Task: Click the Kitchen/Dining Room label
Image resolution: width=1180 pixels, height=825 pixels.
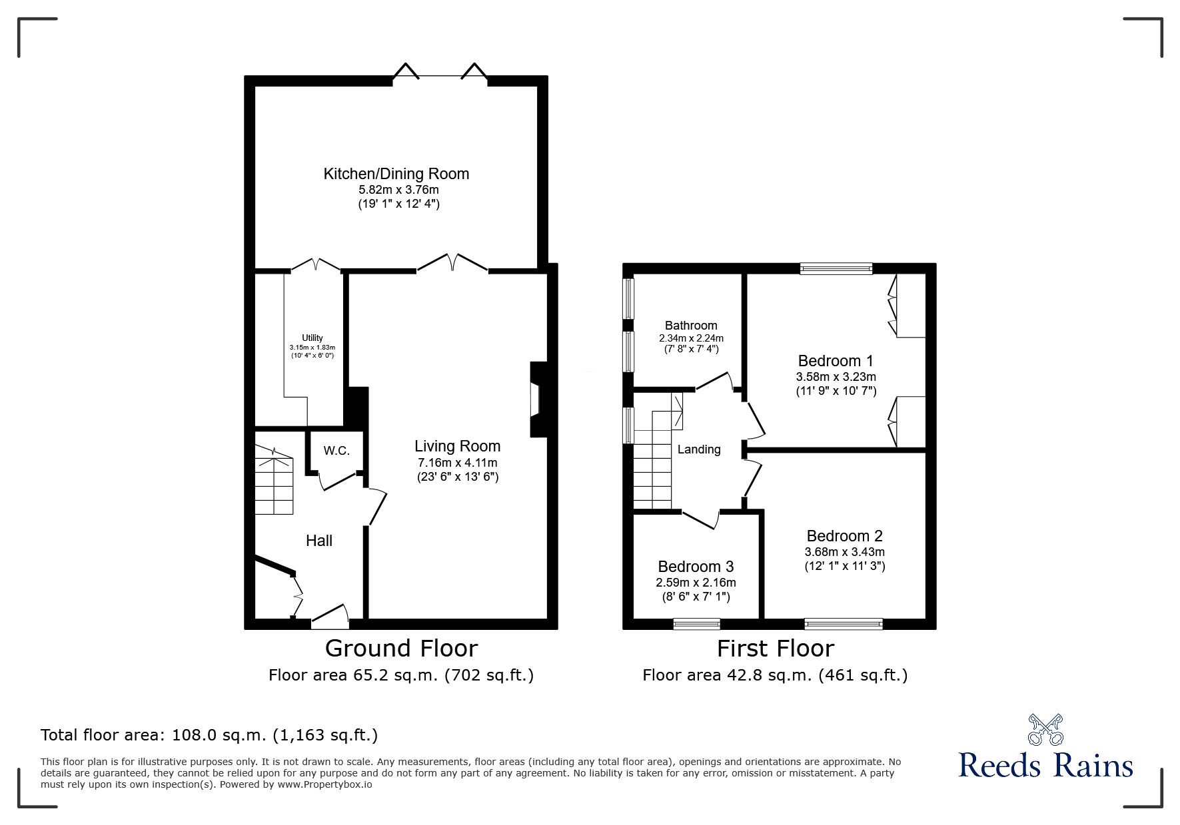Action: pos(396,174)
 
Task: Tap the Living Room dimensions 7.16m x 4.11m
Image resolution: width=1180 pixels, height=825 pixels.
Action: pos(456,463)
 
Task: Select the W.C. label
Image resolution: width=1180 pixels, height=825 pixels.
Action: pos(336,451)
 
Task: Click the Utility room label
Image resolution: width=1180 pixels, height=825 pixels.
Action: pos(312,338)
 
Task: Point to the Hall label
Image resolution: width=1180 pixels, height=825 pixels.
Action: pos(318,541)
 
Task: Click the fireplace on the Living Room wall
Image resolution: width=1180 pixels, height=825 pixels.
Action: pos(537,400)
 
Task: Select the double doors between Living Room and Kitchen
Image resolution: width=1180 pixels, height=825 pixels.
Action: pos(452,264)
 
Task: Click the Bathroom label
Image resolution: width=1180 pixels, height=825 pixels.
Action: pos(691,326)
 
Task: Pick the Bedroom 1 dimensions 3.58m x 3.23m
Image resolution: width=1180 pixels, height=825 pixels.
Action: pos(836,377)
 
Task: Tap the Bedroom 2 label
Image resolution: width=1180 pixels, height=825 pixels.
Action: pos(844,536)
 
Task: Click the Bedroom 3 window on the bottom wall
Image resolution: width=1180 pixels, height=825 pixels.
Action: pos(696,624)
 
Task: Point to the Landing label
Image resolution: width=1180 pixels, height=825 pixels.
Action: pos(698,449)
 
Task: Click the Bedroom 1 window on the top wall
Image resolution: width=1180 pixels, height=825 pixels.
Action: pos(836,269)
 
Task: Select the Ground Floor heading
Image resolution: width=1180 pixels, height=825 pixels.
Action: pos(401,648)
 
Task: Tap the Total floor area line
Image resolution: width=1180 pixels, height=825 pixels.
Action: pos(209,735)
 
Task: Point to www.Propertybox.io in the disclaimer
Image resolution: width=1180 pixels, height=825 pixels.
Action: pos(324,784)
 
